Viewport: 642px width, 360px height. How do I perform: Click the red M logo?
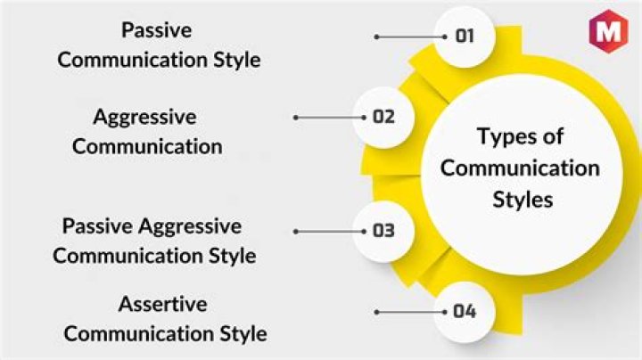[x=608, y=30]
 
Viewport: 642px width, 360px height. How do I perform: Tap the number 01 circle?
[x=465, y=37]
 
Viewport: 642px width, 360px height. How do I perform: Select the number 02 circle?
[x=383, y=118]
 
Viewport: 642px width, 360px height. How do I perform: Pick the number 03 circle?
[x=383, y=231]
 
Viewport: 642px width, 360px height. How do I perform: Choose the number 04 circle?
[x=465, y=312]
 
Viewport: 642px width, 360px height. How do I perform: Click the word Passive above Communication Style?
[x=156, y=30]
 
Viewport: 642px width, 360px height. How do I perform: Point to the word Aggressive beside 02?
[x=145, y=118]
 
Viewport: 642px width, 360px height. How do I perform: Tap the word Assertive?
[x=162, y=304]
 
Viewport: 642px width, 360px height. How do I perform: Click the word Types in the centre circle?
[x=502, y=137]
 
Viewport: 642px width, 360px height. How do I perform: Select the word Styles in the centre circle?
[x=523, y=200]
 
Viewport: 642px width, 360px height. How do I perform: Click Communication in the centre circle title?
[x=520, y=168]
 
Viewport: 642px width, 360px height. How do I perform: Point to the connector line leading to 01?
[x=411, y=37]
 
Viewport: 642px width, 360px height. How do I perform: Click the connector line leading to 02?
[x=330, y=118]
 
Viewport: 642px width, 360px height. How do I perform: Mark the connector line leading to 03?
[x=330, y=232]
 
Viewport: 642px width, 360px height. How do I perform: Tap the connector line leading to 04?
[x=411, y=312]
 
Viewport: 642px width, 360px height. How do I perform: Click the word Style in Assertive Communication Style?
[x=243, y=334]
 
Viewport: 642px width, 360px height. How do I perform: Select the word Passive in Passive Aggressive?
[x=97, y=225]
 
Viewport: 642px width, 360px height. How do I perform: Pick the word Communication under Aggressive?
[x=147, y=146]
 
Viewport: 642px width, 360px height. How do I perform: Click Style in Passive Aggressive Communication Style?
[x=232, y=256]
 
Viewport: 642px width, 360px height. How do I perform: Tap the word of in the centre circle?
[x=553, y=135]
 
